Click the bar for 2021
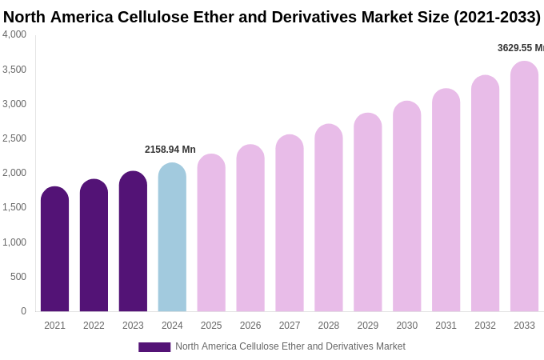click(x=54, y=250)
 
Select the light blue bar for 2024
click(x=172, y=238)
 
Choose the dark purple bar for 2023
click(x=133, y=242)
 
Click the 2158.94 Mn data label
click(x=170, y=150)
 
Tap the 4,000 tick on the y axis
click(x=14, y=34)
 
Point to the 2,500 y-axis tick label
click(x=14, y=138)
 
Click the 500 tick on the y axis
click(x=18, y=277)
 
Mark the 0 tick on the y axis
click(x=23, y=311)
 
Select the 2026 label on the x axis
click(x=250, y=326)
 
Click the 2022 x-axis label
click(x=94, y=326)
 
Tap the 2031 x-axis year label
click(x=446, y=326)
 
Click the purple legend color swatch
click(x=154, y=347)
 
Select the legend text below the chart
click(x=290, y=346)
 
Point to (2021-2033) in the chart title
click(x=497, y=17)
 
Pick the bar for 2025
click(x=211, y=233)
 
